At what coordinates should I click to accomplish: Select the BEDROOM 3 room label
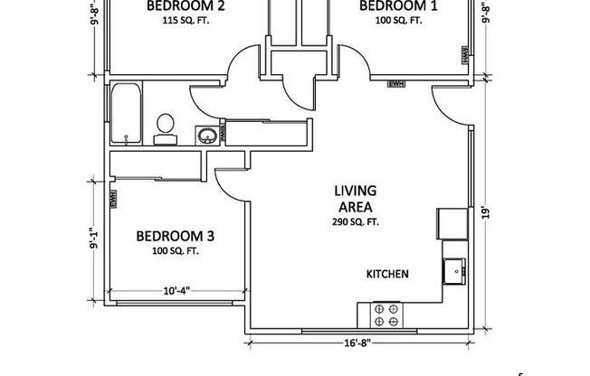(176, 236)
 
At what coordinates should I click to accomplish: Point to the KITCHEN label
(388, 274)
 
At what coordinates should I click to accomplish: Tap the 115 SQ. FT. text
(185, 19)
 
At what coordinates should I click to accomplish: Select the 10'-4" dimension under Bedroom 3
(178, 292)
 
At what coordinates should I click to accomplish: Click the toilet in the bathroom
(165, 127)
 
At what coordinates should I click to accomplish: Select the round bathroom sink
(208, 136)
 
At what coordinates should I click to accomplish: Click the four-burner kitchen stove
(385, 316)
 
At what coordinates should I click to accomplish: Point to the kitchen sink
(453, 269)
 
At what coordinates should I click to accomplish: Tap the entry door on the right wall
(451, 105)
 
